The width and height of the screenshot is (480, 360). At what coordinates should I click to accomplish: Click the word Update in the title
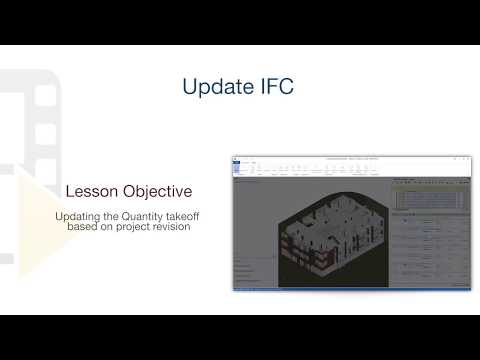[x=214, y=87]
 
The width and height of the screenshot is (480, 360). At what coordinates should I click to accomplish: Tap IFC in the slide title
[x=273, y=87]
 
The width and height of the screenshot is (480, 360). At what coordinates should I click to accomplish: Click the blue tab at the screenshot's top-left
[x=237, y=160]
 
